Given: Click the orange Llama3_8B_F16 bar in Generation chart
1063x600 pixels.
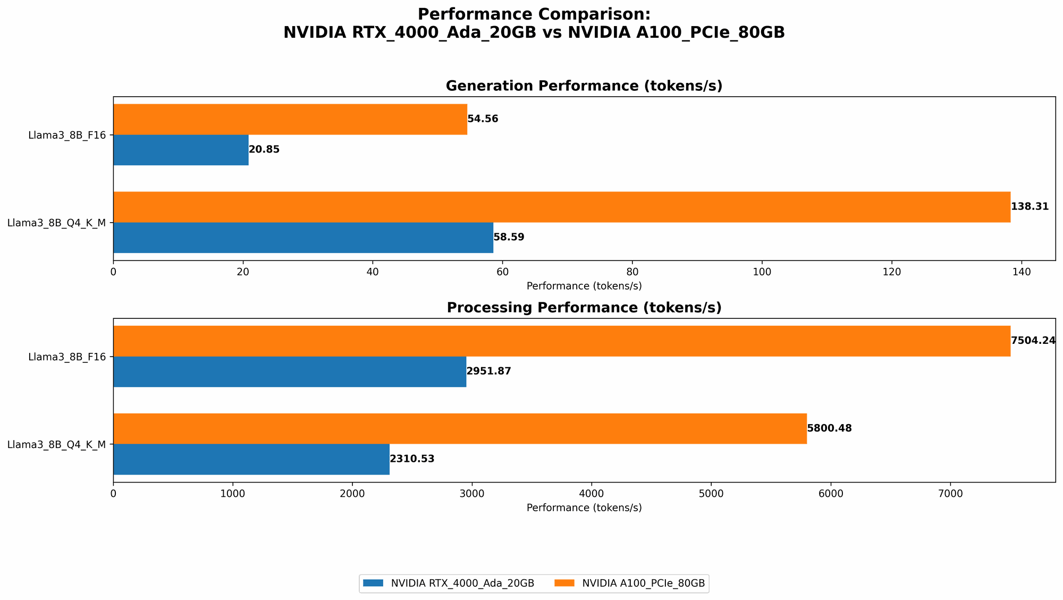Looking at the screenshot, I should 290,119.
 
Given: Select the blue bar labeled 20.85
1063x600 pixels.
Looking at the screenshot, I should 181,150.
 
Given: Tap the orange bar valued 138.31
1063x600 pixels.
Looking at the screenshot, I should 561,207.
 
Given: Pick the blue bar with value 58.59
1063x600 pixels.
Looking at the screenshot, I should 303,238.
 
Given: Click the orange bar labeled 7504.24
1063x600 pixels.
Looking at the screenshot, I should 561,341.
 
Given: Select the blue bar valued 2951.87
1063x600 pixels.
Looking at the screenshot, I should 290,371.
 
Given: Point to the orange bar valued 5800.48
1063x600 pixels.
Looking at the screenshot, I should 460,428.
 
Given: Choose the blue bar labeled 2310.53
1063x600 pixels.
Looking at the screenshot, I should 251,459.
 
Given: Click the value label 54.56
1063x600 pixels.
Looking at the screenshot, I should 483,119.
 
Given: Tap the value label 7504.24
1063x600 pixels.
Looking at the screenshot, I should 1033,341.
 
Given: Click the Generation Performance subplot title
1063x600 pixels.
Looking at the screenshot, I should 584,86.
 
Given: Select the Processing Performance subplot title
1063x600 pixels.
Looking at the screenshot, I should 584,308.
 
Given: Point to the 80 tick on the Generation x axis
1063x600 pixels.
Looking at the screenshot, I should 632,272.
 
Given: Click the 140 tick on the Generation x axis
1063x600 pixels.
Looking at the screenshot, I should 1021,272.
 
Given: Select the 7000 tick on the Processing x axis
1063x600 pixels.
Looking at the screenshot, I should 950,494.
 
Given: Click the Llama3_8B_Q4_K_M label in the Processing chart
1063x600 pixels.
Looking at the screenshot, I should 56,444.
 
